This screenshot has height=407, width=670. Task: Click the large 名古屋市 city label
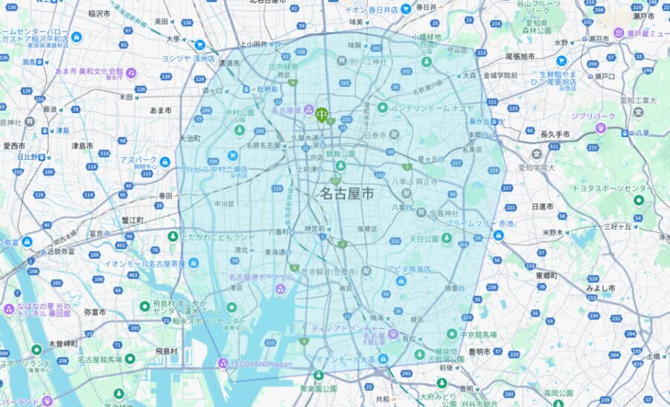click(x=347, y=193)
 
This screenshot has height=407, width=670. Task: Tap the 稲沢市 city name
click(x=99, y=13)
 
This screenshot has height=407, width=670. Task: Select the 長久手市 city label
click(x=555, y=134)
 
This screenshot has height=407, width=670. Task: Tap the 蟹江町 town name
click(x=129, y=220)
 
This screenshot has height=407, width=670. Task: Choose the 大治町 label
click(x=190, y=138)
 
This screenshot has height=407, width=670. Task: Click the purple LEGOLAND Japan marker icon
click(x=223, y=363)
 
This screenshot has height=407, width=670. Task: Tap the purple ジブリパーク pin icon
click(x=601, y=128)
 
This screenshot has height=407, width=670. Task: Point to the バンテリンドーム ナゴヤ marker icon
click(x=382, y=107)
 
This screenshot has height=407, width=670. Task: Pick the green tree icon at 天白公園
click(x=446, y=238)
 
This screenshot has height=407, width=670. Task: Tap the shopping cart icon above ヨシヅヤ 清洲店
click(x=200, y=45)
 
